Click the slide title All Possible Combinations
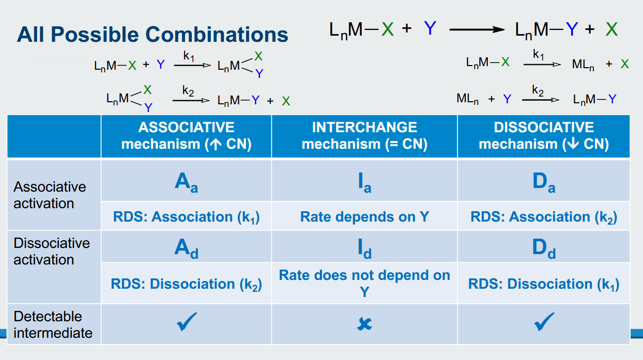click(x=152, y=35)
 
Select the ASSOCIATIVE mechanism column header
click(x=186, y=136)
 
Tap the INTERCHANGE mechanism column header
click(x=364, y=136)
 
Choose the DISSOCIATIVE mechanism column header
click(x=544, y=136)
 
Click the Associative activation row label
click(x=50, y=195)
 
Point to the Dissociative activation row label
click(x=52, y=252)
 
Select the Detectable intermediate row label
click(x=53, y=325)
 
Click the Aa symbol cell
click(x=186, y=182)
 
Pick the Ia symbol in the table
click(x=364, y=182)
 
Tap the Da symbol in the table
click(x=544, y=182)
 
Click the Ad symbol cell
click(x=186, y=248)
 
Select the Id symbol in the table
click(x=364, y=248)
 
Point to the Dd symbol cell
click(x=544, y=248)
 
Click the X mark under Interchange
click(x=364, y=324)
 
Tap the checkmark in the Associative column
click(x=187, y=322)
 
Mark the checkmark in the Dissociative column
click(x=544, y=322)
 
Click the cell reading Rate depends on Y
click(x=364, y=217)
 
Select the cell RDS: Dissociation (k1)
click(x=544, y=284)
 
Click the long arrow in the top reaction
click(x=477, y=29)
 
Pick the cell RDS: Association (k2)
click(x=544, y=217)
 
